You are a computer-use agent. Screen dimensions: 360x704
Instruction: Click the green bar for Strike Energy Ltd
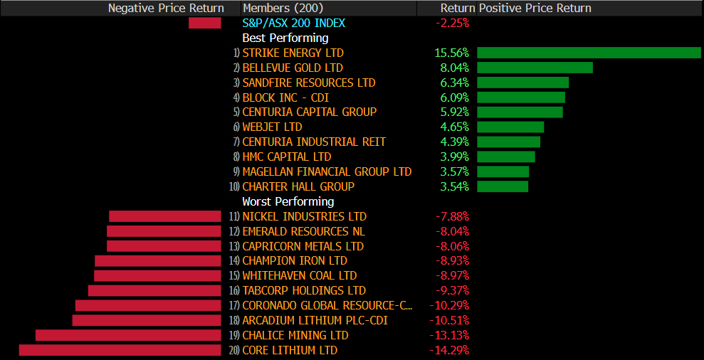(x=589, y=53)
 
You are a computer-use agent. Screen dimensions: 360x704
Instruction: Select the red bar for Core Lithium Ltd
(x=120, y=350)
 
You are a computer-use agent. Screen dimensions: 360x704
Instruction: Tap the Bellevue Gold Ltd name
(x=293, y=68)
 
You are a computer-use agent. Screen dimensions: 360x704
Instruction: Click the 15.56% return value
(x=451, y=53)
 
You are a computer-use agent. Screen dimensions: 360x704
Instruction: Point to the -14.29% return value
(x=449, y=350)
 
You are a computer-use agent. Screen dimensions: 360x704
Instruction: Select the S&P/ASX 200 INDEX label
(x=293, y=23)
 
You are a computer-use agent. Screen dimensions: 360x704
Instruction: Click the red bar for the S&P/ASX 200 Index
(x=205, y=23)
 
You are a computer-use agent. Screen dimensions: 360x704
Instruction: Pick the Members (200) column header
(x=283, y=8)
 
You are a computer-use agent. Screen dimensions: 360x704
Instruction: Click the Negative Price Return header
(x=166, y=8)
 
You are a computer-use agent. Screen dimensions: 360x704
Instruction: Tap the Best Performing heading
(x=285, y=38)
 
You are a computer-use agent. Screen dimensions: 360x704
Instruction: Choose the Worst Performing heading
(x=288, y=201)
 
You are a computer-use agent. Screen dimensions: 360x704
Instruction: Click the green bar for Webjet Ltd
(x=510, y=127)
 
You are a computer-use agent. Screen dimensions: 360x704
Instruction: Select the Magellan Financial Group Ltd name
(x=327, y=171)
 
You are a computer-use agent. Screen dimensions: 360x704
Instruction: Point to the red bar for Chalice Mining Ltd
(x=128, y=335)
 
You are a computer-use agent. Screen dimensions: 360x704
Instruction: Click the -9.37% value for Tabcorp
(x=452, y=290)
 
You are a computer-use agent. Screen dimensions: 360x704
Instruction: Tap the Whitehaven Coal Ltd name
(x=299, y=275)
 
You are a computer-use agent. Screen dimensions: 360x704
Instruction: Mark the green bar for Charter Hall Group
(x=503, y=186)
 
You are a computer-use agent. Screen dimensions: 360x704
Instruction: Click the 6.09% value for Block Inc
(x=454, y=97)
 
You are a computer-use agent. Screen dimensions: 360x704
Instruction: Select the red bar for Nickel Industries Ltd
(x=165, y=216)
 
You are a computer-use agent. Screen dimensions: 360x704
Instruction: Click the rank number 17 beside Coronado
(x=234, y=306)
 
